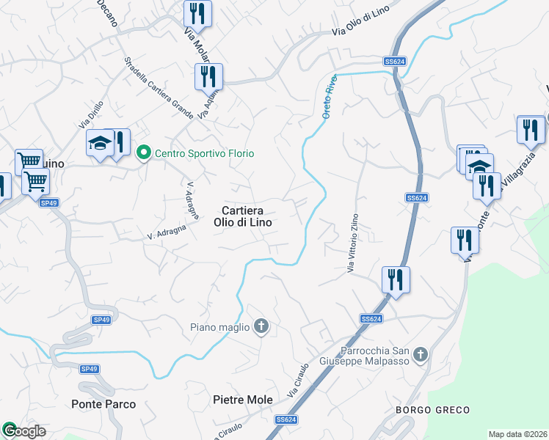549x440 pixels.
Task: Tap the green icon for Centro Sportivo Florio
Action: click(143, 153)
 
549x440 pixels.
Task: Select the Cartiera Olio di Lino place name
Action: click(244, 216)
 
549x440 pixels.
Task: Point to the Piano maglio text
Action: click(219, 327)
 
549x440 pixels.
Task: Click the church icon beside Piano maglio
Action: click(261, 327)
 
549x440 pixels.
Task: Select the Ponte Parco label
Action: click(103, 404)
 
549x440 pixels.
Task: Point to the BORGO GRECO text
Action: click(432, 409)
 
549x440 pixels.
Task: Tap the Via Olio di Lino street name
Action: click(360, 24)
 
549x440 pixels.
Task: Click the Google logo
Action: click(23, 430)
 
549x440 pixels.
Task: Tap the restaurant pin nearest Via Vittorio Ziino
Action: click(395, 280)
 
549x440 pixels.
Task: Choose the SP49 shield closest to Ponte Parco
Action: click(89, 369)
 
